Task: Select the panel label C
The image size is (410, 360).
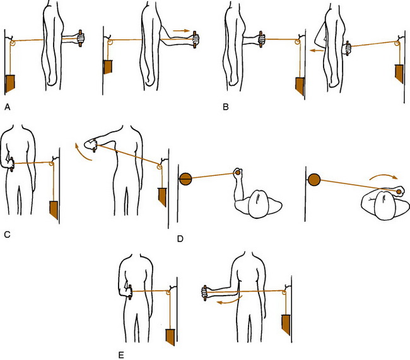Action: point(6,235)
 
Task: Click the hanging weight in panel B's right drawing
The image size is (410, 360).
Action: point(399,75)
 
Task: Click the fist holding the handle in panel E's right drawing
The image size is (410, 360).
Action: point(205,291)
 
